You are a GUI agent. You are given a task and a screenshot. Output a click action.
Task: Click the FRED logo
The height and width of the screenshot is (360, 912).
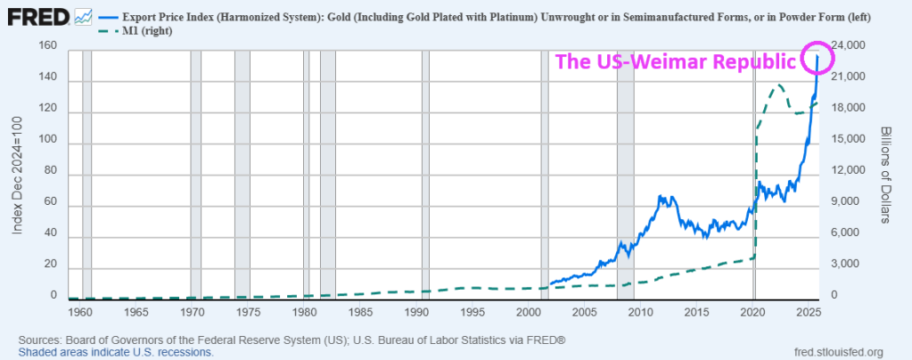click(35, 15)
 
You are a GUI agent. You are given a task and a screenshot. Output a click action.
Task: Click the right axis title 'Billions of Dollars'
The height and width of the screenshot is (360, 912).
click(885, 173)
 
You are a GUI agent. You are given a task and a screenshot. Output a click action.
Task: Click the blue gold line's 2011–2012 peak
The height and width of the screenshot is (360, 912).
click(660, 196)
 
